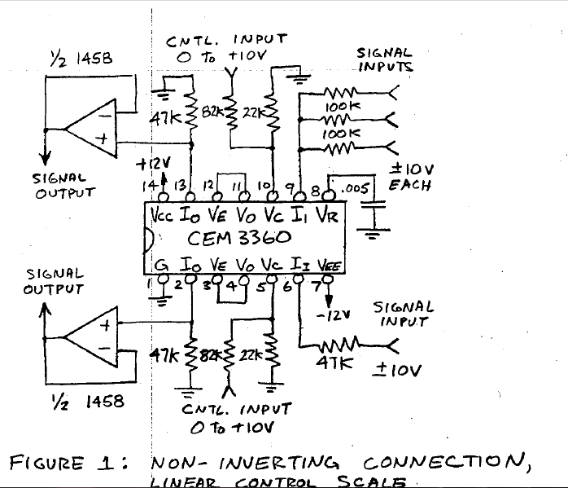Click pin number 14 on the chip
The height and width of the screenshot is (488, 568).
coord(151,187)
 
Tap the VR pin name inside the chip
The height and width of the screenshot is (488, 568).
coord(325,217)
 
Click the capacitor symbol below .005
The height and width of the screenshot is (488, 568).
coord(374,216)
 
